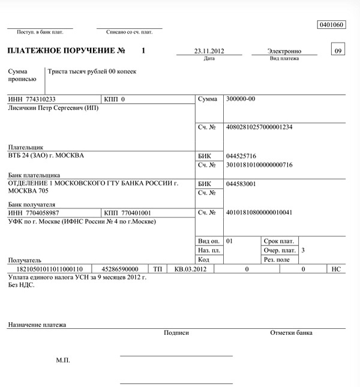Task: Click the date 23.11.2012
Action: click(209, 52)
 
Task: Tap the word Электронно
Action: click(286, 52)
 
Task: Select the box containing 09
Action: click(338, 51)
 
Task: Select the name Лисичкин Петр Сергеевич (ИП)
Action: click(53, 108)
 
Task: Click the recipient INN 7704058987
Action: click(42, 213)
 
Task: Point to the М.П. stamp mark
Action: click(63, 361)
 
